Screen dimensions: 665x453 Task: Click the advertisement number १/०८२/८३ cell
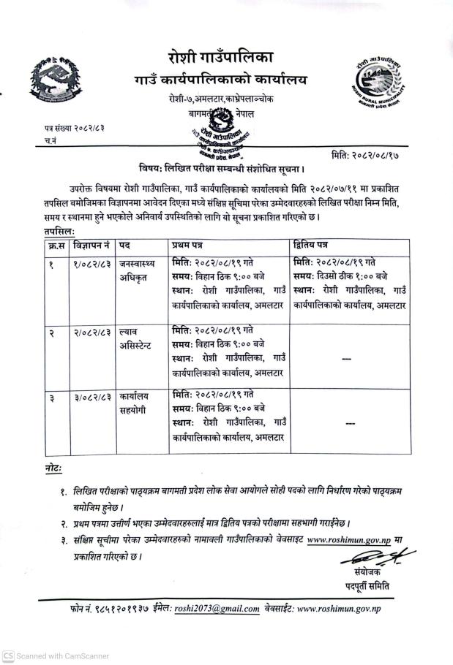click(91, 262)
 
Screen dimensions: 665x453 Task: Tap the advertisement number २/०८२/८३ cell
click(91, 331)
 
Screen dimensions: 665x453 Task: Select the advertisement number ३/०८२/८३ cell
click(91, 397)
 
